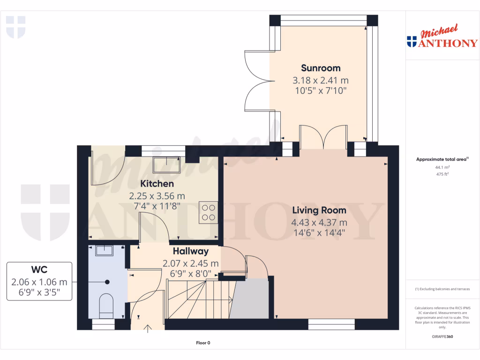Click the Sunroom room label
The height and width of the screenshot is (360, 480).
tap(321, 68)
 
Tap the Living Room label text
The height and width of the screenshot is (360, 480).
tap(319, 210)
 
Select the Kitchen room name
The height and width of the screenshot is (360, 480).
tap(157, 183)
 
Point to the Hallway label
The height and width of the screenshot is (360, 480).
tap(190, 251)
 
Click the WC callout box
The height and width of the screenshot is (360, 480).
tap(39, 281)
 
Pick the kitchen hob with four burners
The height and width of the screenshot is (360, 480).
tap(208, 212)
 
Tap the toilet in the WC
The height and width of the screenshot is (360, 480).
tap(107, 305)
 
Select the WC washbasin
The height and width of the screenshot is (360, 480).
tap(104, 250)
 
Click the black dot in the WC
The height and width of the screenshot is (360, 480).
tap(107, 282)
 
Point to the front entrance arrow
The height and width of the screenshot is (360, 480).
tap(149, 328)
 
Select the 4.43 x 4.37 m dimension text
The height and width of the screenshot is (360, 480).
tap(319, 222)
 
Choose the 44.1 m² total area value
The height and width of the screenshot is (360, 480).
tap(442, 167)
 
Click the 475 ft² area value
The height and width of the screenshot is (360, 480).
tap(442, 174)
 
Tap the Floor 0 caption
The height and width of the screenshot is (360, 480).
tap(203, 343)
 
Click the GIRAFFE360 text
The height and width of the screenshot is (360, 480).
tap(442, 337)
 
